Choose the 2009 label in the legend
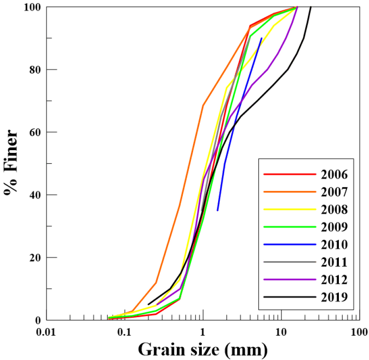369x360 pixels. [x=335, y=227]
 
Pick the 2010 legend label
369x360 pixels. [x=335, y=244]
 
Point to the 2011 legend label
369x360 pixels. [x=335, y=262]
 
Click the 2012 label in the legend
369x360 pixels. [x=335, y=279]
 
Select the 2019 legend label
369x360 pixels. [x=335, y=297]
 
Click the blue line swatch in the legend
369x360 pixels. [x=289, y=244]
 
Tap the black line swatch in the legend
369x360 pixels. [x=289, y=297]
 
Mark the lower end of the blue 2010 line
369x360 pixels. [x=218, y=210]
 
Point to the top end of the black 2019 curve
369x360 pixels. [x=311, y=7]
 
